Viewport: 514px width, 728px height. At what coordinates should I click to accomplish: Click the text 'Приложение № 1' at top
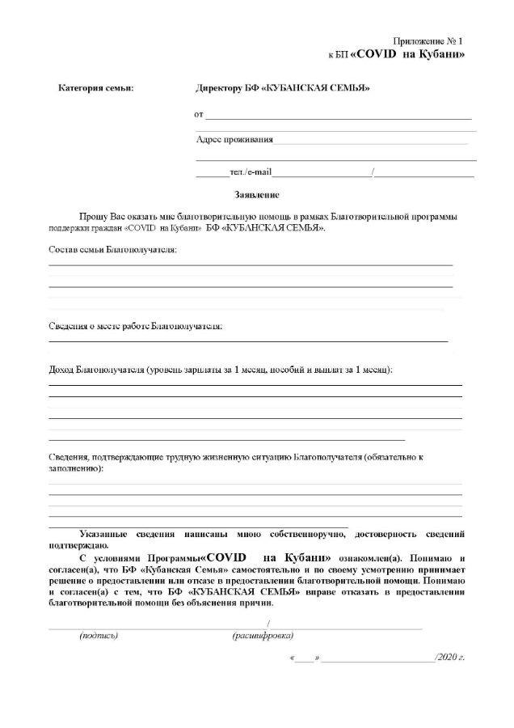point(428,40)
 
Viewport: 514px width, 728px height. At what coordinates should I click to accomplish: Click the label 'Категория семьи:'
point(96,88)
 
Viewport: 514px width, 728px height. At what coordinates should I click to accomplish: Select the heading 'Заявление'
point(257,195)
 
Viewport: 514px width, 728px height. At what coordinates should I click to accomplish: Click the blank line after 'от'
point(339,118)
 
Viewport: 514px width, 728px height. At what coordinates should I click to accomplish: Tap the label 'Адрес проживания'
point(234,139)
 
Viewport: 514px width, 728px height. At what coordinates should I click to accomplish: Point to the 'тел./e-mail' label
point(251,172)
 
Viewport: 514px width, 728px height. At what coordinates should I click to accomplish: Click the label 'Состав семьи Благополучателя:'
point(112,249)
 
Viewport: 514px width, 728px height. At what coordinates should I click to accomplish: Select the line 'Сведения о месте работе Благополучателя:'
point(135,326)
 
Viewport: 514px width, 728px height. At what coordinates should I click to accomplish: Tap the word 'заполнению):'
point(76,469)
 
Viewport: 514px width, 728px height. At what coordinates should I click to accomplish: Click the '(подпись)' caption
point(99,637)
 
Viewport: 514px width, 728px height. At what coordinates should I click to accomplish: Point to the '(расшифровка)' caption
point(263,637)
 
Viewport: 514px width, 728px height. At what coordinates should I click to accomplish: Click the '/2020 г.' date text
point(449,659)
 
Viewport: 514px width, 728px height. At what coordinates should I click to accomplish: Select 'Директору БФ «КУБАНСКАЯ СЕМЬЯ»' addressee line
point(283,88)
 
